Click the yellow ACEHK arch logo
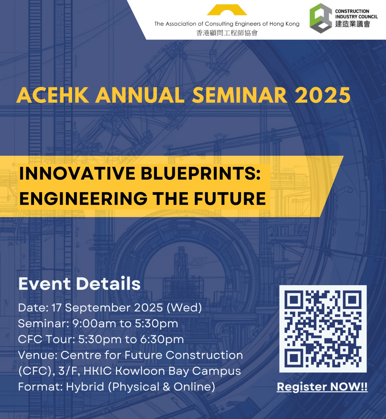click(x=227, y=10)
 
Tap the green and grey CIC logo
click(x=321, y=18)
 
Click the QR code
click(x=323, y=329)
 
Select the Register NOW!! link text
click(x=322, y=387)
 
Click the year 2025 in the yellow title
click(x=323, y=95)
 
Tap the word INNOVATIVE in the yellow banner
click(x=77, y=173)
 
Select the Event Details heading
click(x=79, y=284)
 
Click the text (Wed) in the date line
click(x=184, y=308)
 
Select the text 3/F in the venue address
click(x=69, y=371)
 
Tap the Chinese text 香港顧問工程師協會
click(x=227, y=33)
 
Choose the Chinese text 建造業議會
click(x=352, y=24)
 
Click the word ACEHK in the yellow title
click(x=53, y=95)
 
